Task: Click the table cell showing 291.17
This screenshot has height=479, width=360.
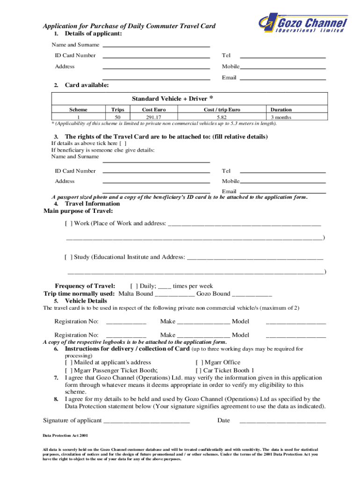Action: [153, 117]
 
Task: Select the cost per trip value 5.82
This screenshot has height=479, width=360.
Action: [222, 117]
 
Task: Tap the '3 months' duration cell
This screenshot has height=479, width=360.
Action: [281, 117]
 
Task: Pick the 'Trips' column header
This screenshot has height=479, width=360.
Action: [118, 109]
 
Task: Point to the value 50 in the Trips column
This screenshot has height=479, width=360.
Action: [118, 117]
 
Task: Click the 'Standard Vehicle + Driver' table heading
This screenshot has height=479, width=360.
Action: [173, 98]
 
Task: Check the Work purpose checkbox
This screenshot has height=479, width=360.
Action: [68, 223]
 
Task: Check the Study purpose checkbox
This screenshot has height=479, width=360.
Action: [68, 257]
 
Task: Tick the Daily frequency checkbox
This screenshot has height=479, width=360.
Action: [134, 286]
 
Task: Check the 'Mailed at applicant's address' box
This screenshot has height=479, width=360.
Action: [68, 362]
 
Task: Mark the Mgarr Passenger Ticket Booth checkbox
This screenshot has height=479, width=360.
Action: [68, 370]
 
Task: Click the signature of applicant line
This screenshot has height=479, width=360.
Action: [146, 421]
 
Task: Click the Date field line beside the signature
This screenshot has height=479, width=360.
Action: [282, 421]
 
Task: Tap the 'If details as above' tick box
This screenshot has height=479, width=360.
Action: [122, 143]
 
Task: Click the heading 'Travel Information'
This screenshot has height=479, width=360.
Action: [92, 203]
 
